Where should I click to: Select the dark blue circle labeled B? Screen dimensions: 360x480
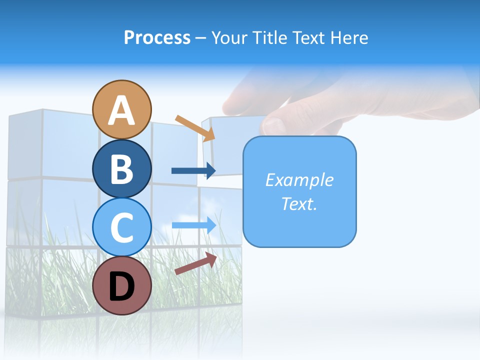122,168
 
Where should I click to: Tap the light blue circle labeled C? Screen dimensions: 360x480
122,227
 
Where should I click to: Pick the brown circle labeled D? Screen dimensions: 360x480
122,285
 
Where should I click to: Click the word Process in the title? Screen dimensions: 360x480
157,37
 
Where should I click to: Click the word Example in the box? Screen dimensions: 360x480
299,180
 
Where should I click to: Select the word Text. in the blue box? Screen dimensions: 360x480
299,204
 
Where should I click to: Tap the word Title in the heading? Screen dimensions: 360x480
270,37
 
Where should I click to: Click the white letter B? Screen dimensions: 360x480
122,169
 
